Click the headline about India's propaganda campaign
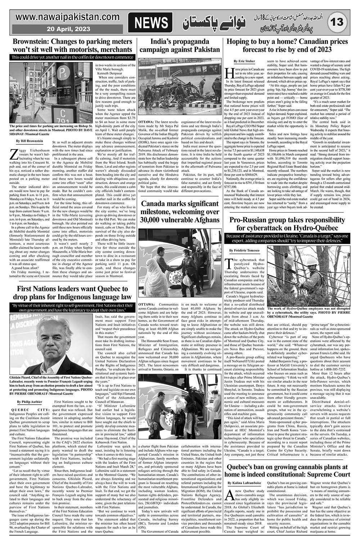(x=180, y=45)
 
